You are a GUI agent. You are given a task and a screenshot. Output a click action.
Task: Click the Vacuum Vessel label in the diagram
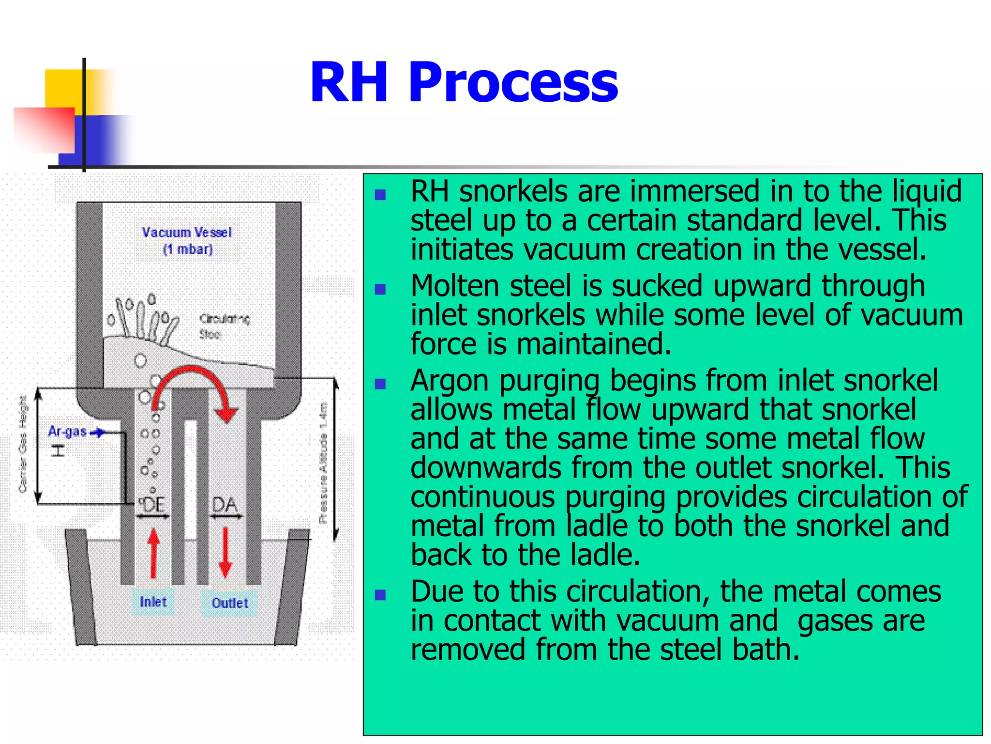(187, 232)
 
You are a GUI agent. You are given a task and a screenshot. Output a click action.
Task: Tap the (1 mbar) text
(188, 249)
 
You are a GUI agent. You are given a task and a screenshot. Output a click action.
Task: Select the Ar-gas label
(68, 432)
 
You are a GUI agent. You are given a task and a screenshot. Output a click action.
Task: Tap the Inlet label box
(153, 602)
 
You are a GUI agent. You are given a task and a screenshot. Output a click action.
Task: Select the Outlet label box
(229, 603)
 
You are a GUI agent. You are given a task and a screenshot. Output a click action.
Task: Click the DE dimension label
(152, 505)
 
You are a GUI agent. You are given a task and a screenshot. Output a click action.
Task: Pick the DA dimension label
(225, 505)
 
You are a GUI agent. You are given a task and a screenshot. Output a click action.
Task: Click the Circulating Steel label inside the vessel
(224, 326)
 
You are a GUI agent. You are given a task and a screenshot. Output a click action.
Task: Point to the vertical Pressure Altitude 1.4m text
(323, 463)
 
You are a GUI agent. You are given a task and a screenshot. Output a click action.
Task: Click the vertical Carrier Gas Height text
(22, 443)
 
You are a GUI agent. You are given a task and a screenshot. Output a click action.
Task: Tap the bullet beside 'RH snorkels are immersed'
(380, 195)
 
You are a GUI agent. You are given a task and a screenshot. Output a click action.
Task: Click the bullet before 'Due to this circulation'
(380, 595)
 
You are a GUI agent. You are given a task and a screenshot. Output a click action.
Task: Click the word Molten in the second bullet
(454, 286)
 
